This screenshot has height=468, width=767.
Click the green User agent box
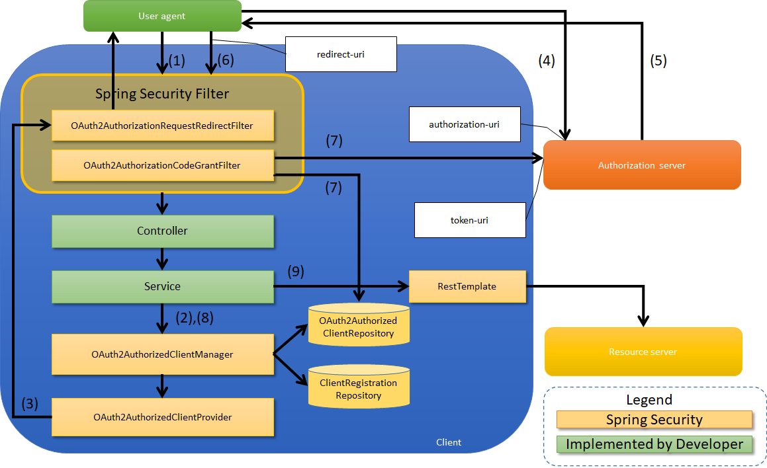pos(162,16)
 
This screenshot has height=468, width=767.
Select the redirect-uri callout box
pos(341,54)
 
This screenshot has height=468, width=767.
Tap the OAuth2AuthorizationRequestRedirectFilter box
pos(162,126)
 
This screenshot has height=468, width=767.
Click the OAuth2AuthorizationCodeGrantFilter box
pos(162,165)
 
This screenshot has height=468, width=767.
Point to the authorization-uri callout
pos(464,124)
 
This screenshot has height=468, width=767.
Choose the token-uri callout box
pos(469,220)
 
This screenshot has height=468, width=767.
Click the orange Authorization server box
pos(641,165)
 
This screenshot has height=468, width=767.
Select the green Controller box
pos(162,231)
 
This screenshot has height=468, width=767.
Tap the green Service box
pos(162,287)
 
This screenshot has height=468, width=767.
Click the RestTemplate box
pos(467,286)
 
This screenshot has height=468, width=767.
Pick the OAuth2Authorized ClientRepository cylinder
pos(359,326)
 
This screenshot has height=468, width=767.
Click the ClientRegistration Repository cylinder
pos(359,388)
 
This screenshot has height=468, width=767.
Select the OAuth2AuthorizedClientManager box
pos(162,354)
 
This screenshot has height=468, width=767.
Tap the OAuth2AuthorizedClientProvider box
pos(162,417)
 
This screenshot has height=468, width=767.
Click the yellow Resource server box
pos(643,352)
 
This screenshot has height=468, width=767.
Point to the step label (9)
pos(296,272)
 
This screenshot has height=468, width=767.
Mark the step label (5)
pos(658,61)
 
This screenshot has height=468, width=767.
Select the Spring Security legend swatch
pos(654,420)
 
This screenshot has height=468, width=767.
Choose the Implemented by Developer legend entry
pos(654,444)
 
